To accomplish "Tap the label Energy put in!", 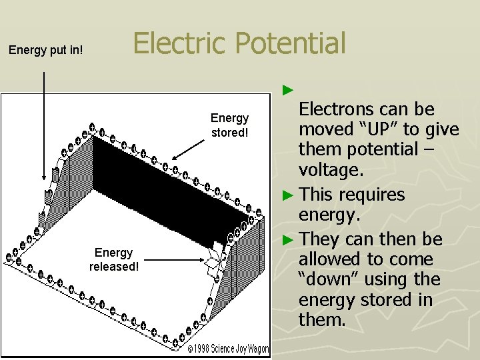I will pyautogui.click(x=45, y=49).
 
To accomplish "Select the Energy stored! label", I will pyautogui.click(x=229, y=125).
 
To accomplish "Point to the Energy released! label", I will pyautogui.click(x=114, y=259).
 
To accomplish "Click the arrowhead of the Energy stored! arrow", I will pyautogui.click(x=175, y=158).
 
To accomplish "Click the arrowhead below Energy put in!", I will pyautogui.click(x=45, y=177).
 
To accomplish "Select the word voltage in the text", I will pyautogui.click(x=331, y=169).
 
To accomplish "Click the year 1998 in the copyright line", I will pyautogui.click(x=203, y=349).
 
